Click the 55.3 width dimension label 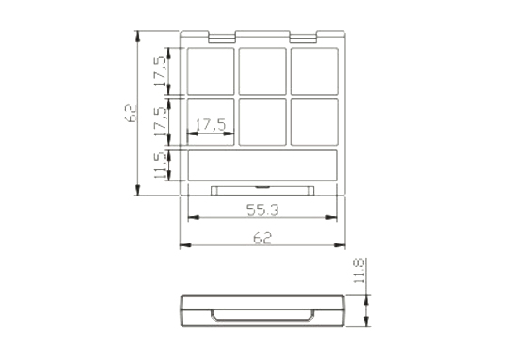(262, 211)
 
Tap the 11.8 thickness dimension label (359, 271)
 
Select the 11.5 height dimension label (162, 165)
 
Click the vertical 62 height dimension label (131, 114)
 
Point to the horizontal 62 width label (262, 238)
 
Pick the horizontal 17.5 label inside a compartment (211, 125)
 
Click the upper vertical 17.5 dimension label (160, 71)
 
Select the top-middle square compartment (262, 71)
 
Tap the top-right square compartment (314, 71)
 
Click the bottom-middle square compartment (262, 122)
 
